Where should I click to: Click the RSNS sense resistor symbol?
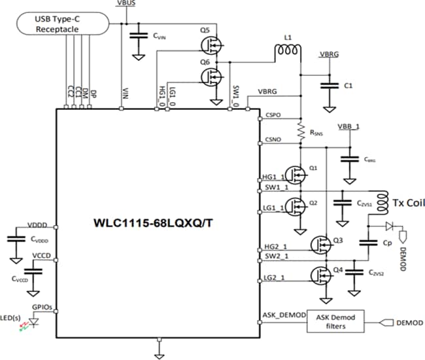[300, 131]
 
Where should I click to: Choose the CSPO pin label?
[273, 115]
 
